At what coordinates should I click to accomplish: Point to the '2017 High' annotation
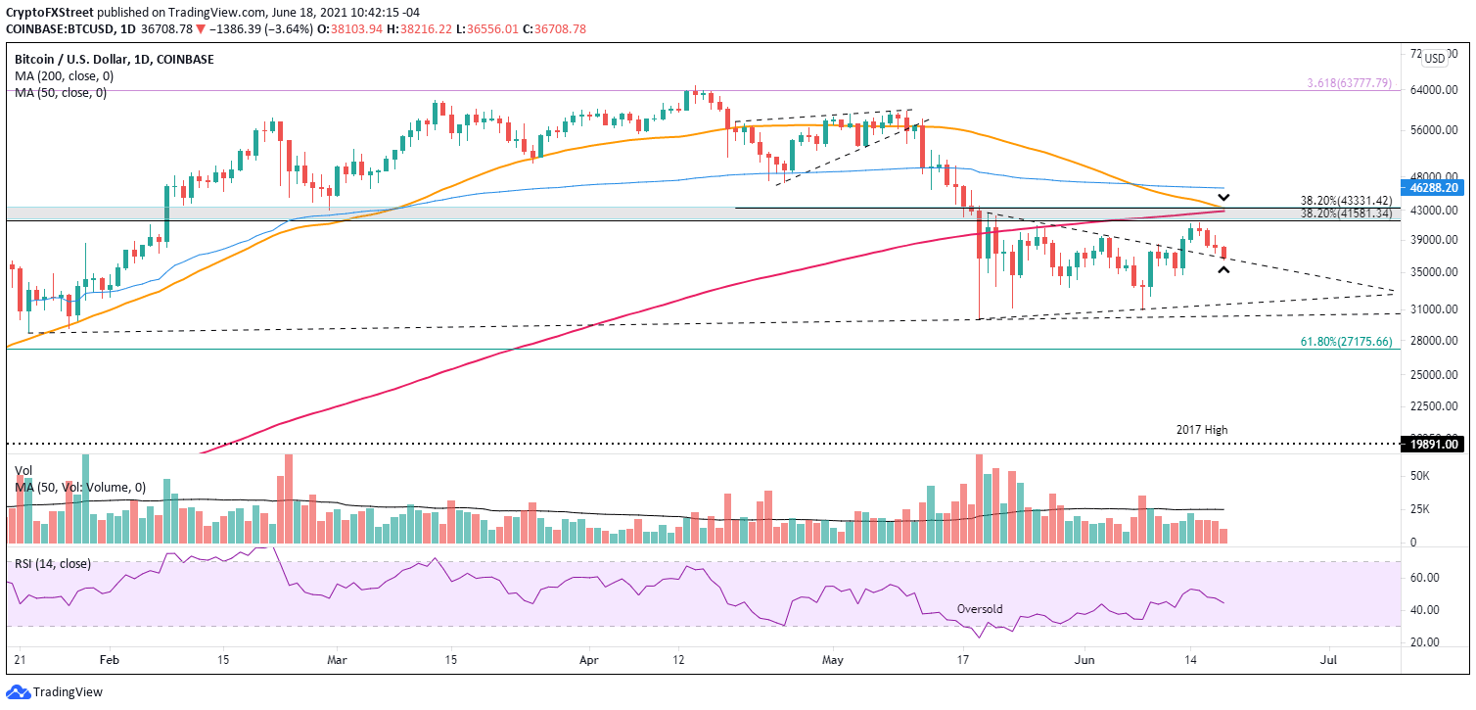(1201, 430)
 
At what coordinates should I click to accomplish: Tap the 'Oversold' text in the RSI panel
(979, 609)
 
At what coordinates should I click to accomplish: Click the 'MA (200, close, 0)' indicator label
(62, 76)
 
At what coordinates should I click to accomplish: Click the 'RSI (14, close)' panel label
(54, 563)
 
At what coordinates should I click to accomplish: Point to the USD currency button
(1434, 59)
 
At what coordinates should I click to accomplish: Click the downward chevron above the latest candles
(1223, 197)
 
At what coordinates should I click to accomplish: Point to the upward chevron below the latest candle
(1223, 270)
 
